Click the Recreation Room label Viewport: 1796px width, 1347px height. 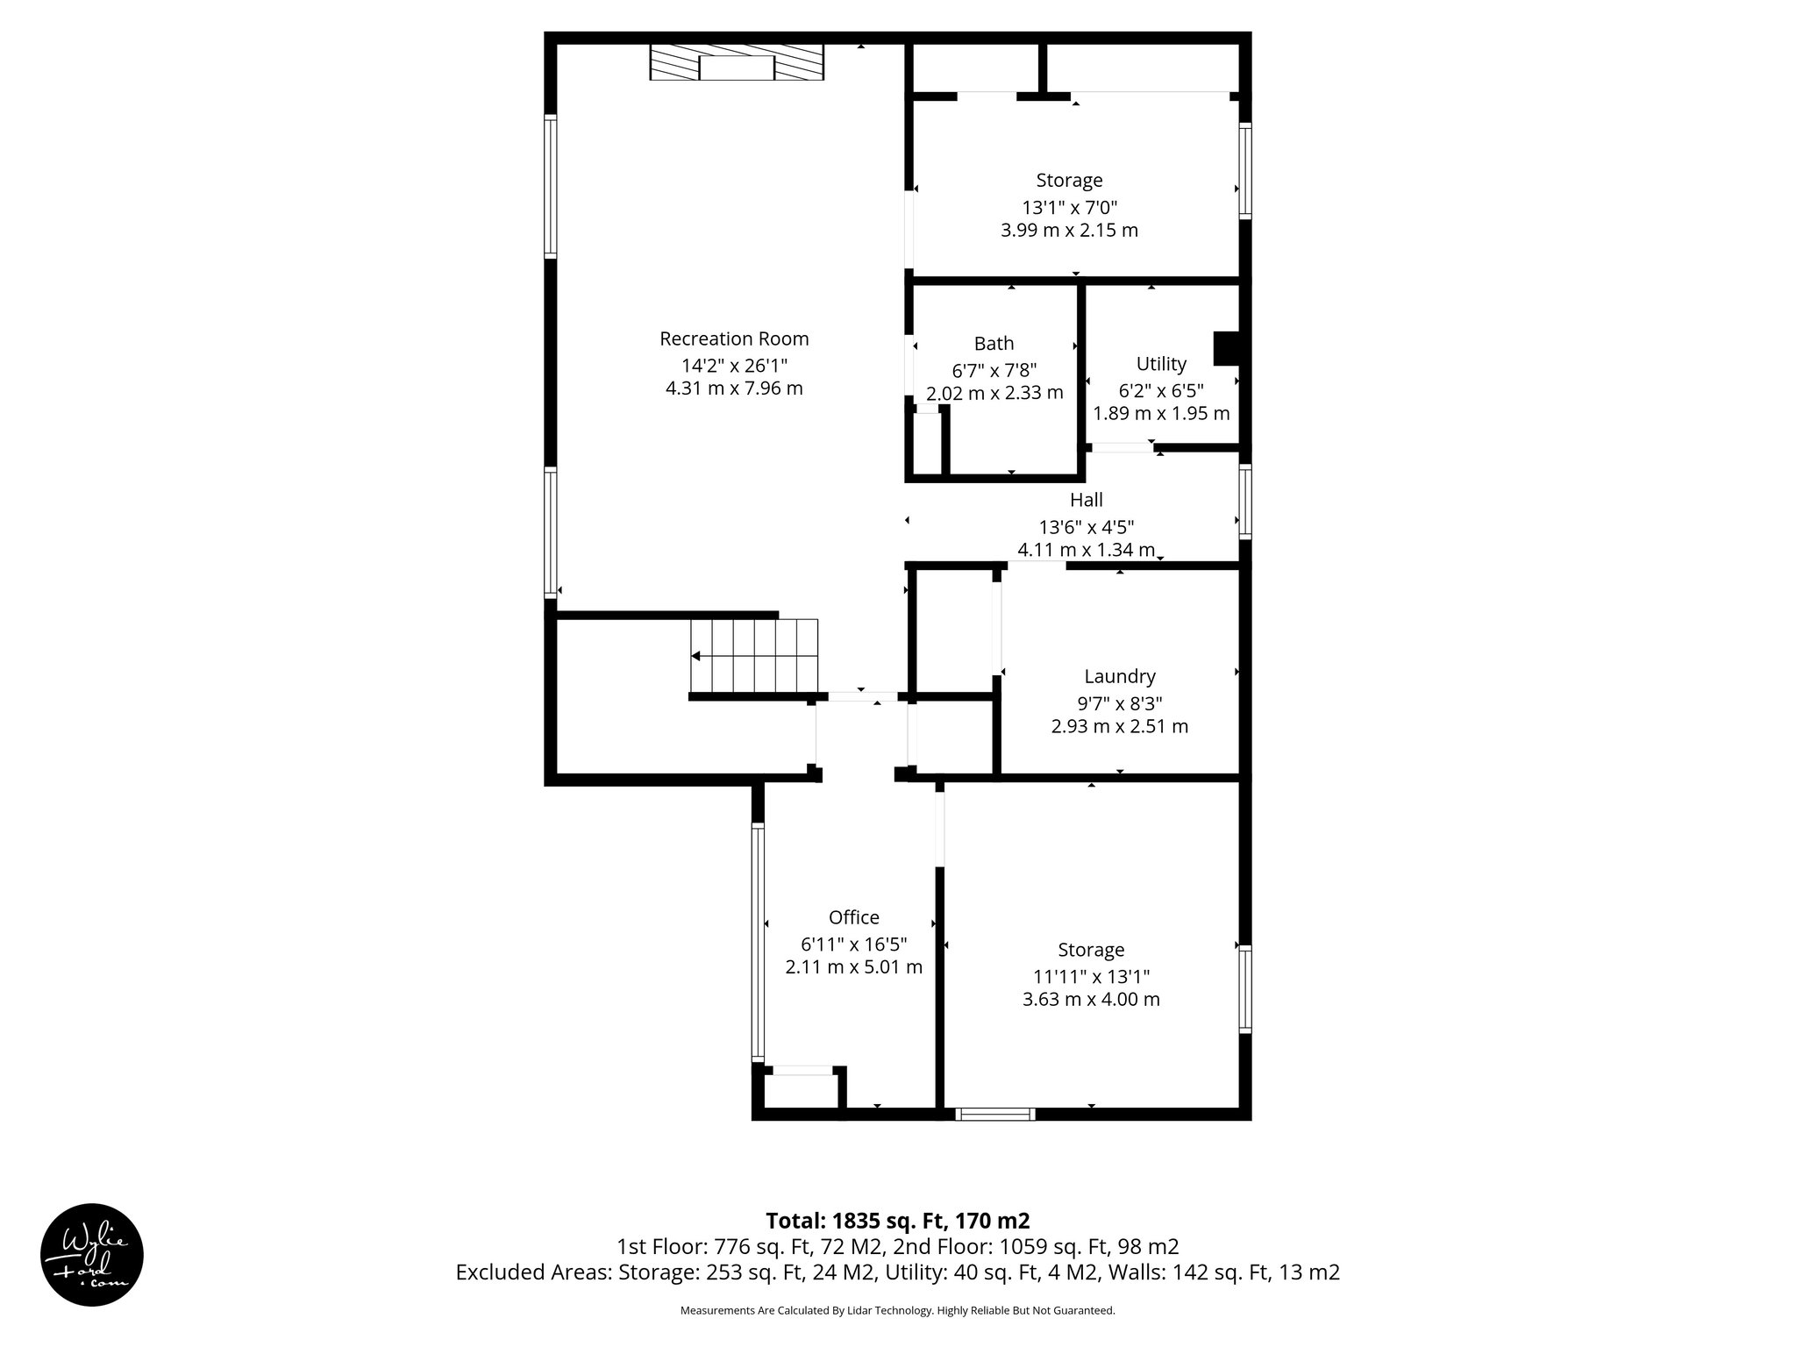734,339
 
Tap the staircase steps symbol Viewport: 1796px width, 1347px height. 754,655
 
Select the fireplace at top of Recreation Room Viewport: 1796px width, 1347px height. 737,62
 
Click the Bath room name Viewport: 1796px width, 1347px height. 994,344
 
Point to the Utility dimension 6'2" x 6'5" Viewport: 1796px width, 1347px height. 1161,390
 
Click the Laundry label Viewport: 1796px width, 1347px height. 1119,676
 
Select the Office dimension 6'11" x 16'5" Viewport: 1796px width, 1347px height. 853,944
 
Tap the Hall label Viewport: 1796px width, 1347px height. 1086,500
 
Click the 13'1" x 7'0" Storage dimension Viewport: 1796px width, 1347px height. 1069,208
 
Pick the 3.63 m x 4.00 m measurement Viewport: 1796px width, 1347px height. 1091,999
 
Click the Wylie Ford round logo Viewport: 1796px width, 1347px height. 92,1255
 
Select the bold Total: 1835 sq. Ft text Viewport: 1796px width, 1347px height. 897,1221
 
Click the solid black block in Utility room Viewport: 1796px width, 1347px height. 1225,348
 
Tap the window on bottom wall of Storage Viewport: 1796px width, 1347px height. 994,1115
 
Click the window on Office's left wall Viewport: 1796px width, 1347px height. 758,943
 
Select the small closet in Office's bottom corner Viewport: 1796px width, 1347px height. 800,1092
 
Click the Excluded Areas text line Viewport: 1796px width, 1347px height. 897,1272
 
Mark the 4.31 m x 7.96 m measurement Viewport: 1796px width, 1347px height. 734,388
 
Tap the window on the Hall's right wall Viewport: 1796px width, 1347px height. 1244,501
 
